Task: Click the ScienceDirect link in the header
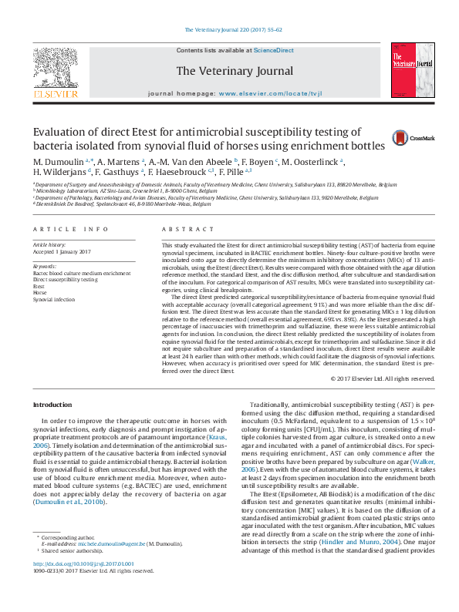tap(274, 50)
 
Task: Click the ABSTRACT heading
tap(182, 230)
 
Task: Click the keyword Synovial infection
tap(54, 299)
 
